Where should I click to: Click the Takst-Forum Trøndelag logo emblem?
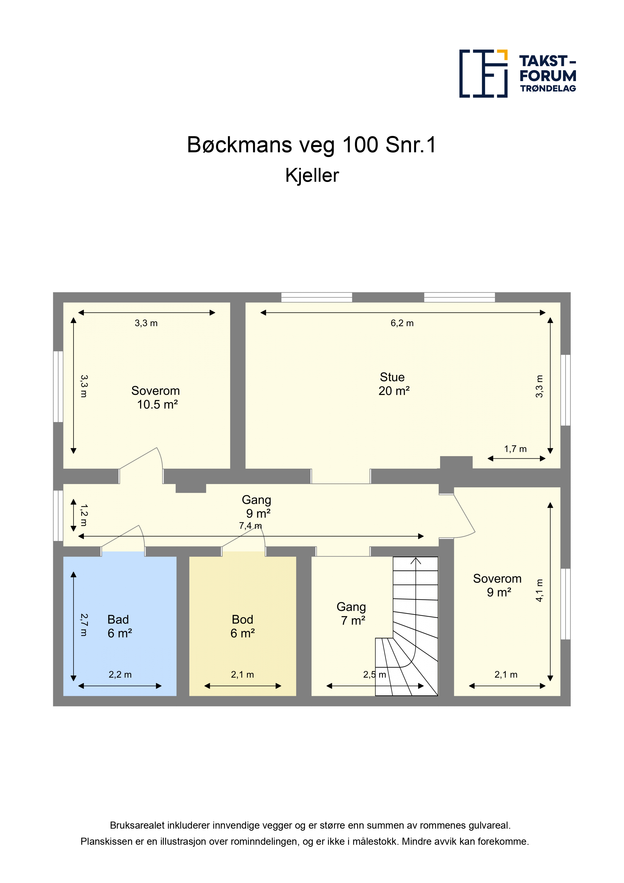pos(483,73)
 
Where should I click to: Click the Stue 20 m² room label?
pos(394,384)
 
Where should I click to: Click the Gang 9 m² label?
pos(257,506)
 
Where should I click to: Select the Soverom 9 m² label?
pos(497,585)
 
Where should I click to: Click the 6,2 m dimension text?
pos(402,323)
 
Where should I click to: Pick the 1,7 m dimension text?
pos(516,449)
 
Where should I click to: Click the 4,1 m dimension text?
pos(539,590)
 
